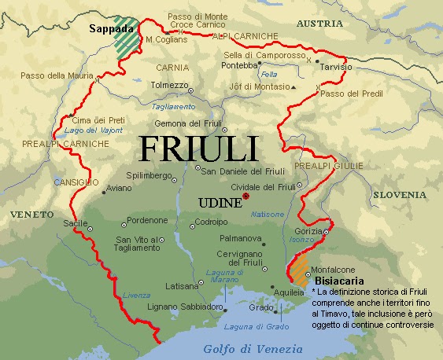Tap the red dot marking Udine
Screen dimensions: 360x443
(246, 196)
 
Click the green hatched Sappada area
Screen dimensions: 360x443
(124, 36)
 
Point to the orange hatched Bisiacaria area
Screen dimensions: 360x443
(300, 272)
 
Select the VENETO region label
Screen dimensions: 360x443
(27, 214)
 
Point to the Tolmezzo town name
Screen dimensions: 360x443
(169, 84)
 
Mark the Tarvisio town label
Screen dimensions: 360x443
(335, 68)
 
